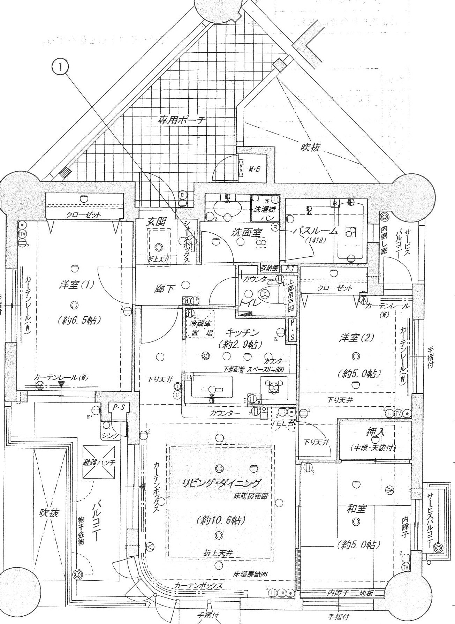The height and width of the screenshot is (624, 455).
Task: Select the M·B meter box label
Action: tap(255, 170)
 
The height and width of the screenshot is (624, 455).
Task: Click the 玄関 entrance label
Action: tap(156, 221)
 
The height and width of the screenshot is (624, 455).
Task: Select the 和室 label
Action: tap(356, 509)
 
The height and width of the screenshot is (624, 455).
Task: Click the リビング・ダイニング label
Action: tap(221, 483)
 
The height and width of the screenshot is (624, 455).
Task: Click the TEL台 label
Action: tap(283, 423)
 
